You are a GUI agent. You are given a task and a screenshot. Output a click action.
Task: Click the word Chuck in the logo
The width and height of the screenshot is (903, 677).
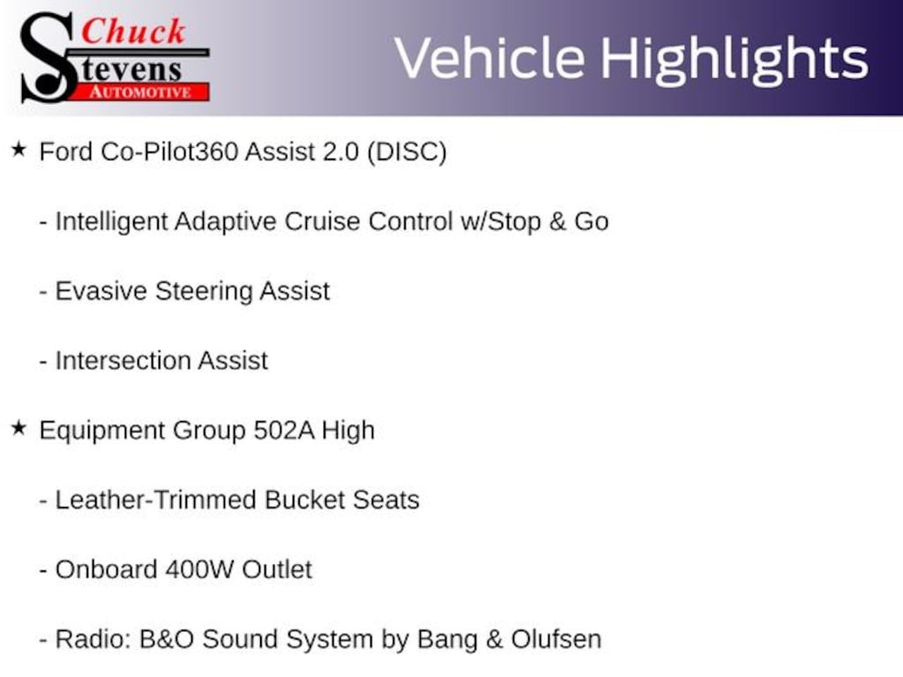coord(133,32)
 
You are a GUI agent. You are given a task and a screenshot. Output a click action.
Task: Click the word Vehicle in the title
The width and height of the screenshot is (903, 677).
coord(489,58)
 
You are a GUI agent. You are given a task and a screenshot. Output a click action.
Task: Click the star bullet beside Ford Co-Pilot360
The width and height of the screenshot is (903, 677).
coord(19,150)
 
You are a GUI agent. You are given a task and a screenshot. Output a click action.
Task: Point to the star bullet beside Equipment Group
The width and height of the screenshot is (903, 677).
coord(19,428)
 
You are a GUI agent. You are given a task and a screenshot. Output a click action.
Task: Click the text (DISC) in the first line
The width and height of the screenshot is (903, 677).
coord(407,153)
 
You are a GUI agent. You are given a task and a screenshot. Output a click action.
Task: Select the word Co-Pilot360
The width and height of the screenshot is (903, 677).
coord(169,152)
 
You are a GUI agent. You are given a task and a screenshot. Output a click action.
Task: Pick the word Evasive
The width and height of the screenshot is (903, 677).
coord(101,291)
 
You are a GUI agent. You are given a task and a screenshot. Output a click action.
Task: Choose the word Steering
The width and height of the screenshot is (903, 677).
coord(204,292)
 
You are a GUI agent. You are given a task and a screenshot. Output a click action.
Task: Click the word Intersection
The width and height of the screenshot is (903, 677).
coord(123,361)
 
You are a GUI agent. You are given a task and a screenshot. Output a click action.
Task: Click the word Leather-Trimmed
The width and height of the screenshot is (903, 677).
coord(156,500)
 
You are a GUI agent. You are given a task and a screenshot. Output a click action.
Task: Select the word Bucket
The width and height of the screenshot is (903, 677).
coord(305,500)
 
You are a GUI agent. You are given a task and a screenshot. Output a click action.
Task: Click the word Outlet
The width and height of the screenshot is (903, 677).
coord(277,570)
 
